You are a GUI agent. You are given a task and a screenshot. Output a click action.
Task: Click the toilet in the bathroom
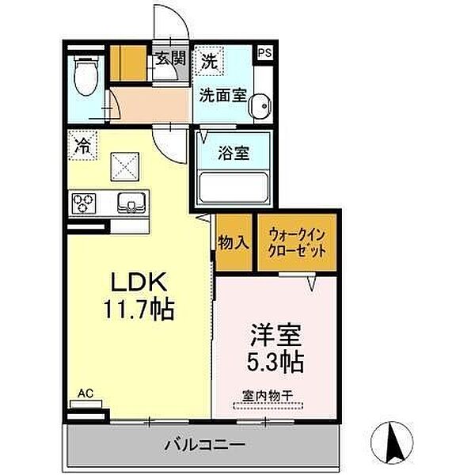(x=84, y=78)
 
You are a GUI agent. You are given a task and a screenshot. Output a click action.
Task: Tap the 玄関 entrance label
(x=169, y=59)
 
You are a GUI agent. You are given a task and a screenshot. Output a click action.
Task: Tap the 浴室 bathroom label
(x=234, y=153)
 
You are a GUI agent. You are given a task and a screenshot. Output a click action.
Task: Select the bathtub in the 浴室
(x=234, y=188)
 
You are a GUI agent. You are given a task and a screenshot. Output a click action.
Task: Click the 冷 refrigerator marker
(x=82, y=146)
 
